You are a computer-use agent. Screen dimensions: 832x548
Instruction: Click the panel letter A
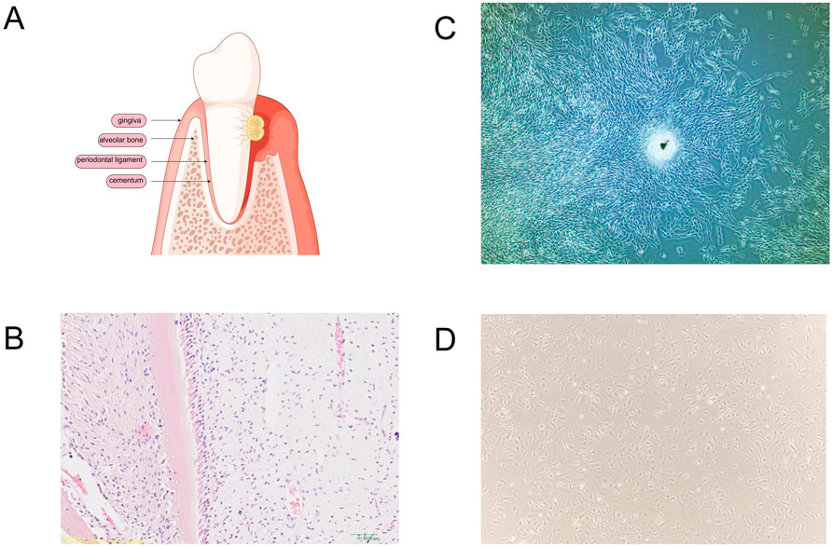click(x=14, y=19)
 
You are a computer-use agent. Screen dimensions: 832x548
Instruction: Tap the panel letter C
click(x=446, y=28)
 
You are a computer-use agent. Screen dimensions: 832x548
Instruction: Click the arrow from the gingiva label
click(x=166, y=120)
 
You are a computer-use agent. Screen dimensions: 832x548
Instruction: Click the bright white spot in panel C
click(x=663, y=144)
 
